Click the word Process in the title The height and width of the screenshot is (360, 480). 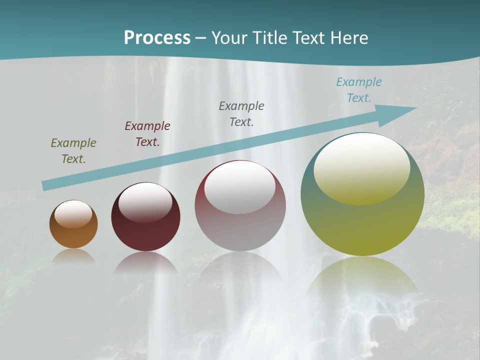(x=157, y=38)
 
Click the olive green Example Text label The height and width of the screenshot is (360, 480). (x=73, y=151)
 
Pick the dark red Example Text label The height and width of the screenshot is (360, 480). (x=147, y=134)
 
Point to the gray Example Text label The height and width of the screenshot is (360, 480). (x=241, y=114)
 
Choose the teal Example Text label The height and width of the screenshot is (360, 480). (x=359, y=90)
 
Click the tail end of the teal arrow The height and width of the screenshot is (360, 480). (x=46, y=185)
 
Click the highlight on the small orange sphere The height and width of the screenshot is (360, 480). (x=73, y=214)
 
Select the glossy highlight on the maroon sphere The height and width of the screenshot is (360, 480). (x=145, y=201)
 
